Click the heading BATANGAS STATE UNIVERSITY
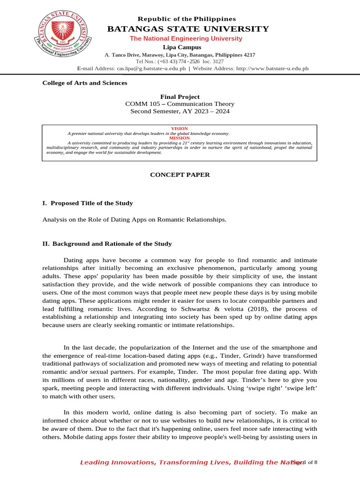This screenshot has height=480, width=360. click(188, 29)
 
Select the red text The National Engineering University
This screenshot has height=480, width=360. click(186, 38)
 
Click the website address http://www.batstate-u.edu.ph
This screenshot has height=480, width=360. click(272, 68)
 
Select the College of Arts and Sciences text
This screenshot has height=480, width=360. click(85, 83)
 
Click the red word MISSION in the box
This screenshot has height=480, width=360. click(180, 138)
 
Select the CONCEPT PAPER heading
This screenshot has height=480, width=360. click(180, 175)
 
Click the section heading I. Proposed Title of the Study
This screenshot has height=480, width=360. click(88, 203)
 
